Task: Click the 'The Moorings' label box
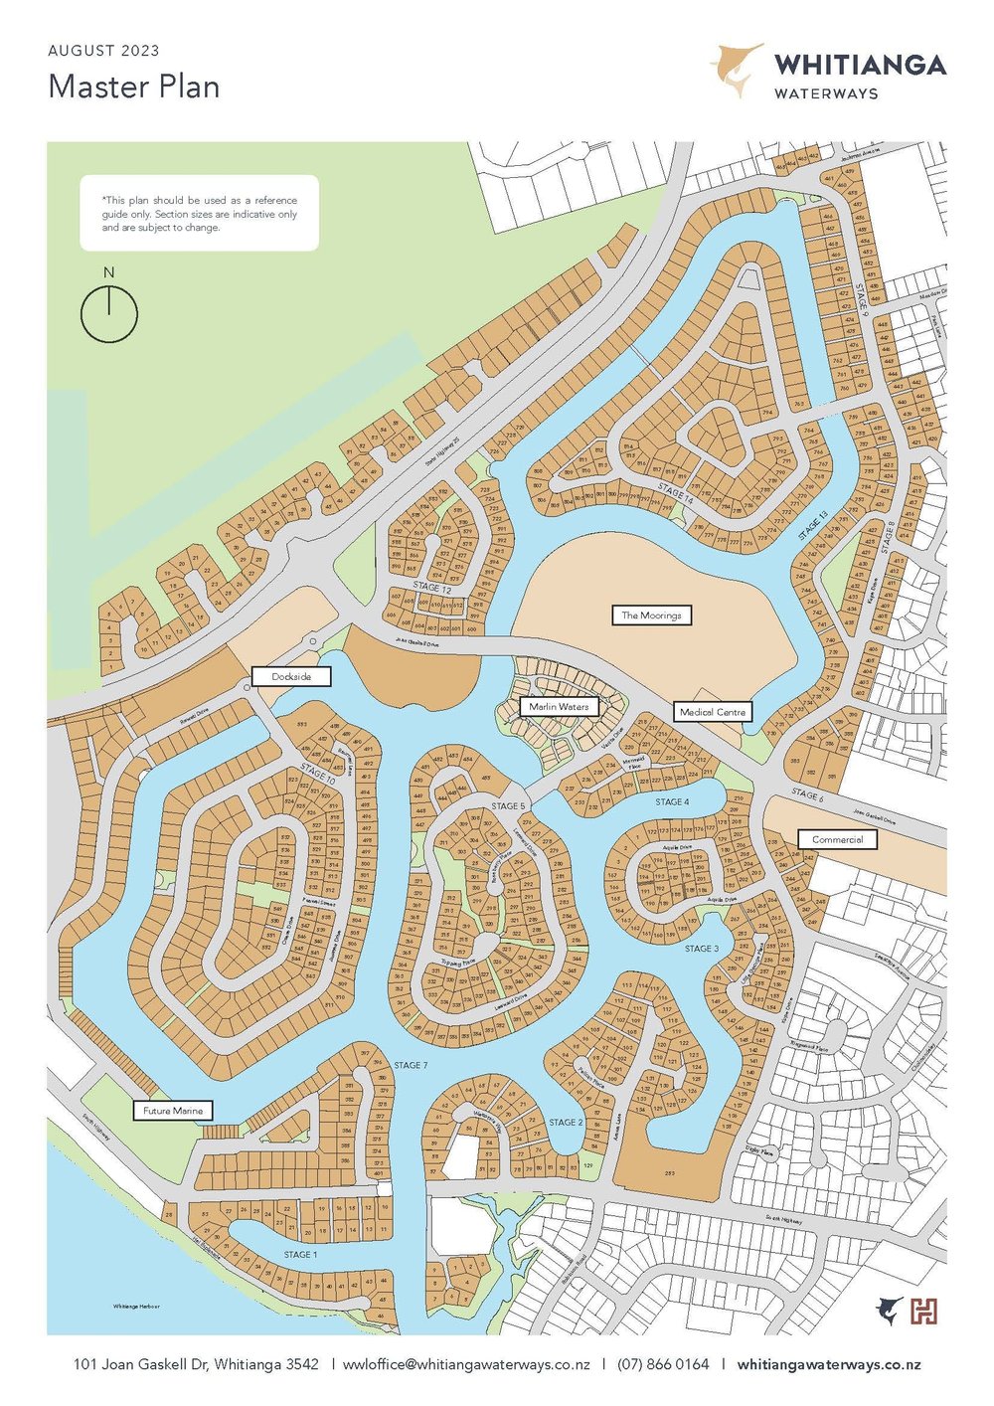tap(651, 615)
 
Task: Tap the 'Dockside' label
tap(291, 676)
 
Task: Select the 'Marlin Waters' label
tap(559, 707)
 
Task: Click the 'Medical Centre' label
tap(713, 712)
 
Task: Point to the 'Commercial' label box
tap(837, 839)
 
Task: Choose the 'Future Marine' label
tap(173, 1111)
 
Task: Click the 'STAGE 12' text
tap(432, 589)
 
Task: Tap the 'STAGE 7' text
tap(411, 1065)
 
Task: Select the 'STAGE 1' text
tap(300, 1255)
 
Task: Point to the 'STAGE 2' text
tap(566, 1122)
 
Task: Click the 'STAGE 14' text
tap(675, 492)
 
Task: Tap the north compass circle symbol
tap(109, 314)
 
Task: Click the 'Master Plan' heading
tap(134, 87)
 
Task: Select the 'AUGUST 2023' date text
tap(103, 51)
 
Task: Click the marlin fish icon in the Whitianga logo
tap(737, 70)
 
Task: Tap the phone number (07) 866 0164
tap(663, 1364)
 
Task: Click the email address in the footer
tap(466, 1364)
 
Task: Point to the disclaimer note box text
tap(199, 214)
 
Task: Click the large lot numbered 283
tap(669, 1173)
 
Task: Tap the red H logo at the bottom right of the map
tap(924, 1312)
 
